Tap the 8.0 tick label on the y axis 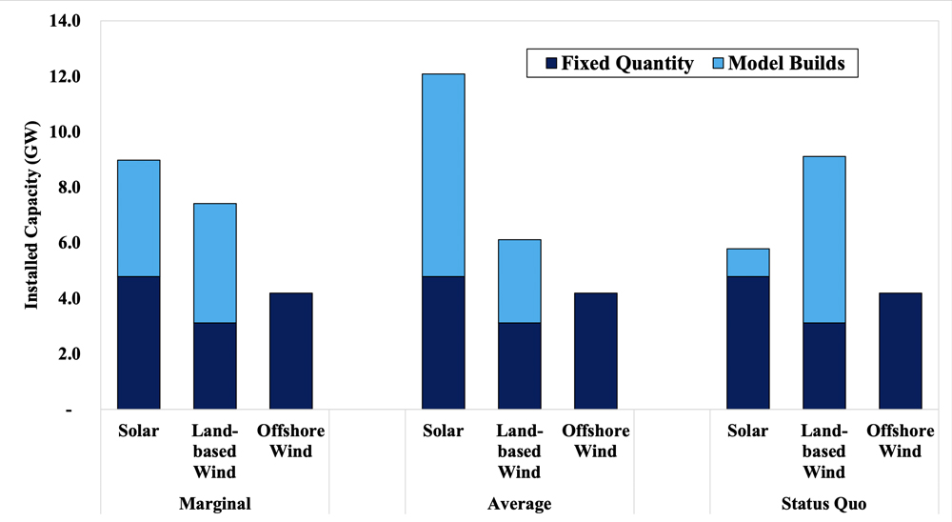pyautogui.click(x=69, y=187)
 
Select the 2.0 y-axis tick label pyautogui.click(x=69, y=353)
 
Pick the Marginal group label pyautogui.click(x=214, y=504)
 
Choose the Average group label pyautogui.click(x=519, y=504)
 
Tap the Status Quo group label pyautogui.click(x=823, y=504)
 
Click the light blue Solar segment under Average pyautogui.click(x=443, y=174)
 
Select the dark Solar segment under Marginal pyautogui.click(x=138, y=343)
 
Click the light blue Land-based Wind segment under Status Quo pyautogui.click(x=823, y=239)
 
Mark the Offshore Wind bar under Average pyautogui.click(x=595, y=351)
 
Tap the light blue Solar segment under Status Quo pyautogui.click(x=747, y=262)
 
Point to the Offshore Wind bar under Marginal pyautogui.click(x=290, y=351)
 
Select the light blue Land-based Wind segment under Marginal pyautogui.click(x=214, y=263)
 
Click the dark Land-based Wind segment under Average pyautogui.click(x=519, y=366)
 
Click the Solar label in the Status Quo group pyautogui.click(x=747, y=432)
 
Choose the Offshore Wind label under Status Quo pyautogui.click(x=900, y=441)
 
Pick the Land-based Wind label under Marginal pyautogui.click(x=214, y=452)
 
